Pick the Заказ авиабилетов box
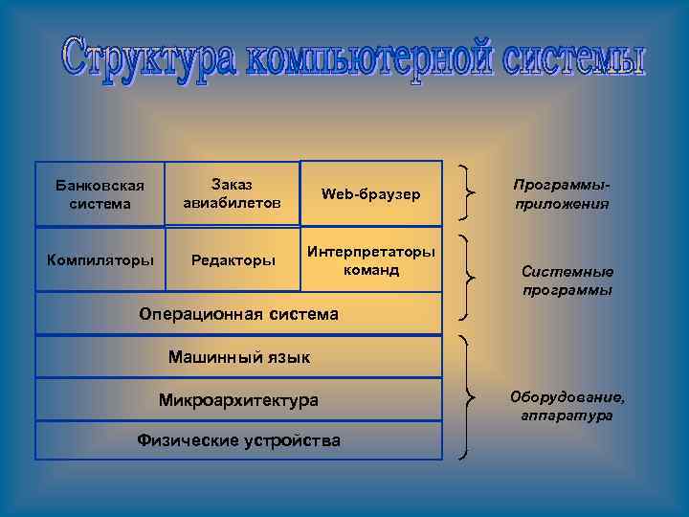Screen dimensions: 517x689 point(232,193)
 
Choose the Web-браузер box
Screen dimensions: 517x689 point(371,193)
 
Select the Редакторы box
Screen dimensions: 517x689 point(232,259)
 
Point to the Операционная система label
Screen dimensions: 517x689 point(238,313)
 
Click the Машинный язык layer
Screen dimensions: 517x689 point(238,357)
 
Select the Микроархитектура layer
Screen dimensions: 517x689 point(238,399)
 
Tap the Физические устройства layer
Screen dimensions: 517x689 point(238,440)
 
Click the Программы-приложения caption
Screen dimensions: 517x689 point(560,193)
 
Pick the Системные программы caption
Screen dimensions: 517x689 point(567,280)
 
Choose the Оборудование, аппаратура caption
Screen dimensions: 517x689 point(567,406)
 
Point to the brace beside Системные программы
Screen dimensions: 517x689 point(469,278)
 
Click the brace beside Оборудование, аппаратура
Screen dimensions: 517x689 point(469,395)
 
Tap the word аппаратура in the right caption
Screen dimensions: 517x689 point(567,416)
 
